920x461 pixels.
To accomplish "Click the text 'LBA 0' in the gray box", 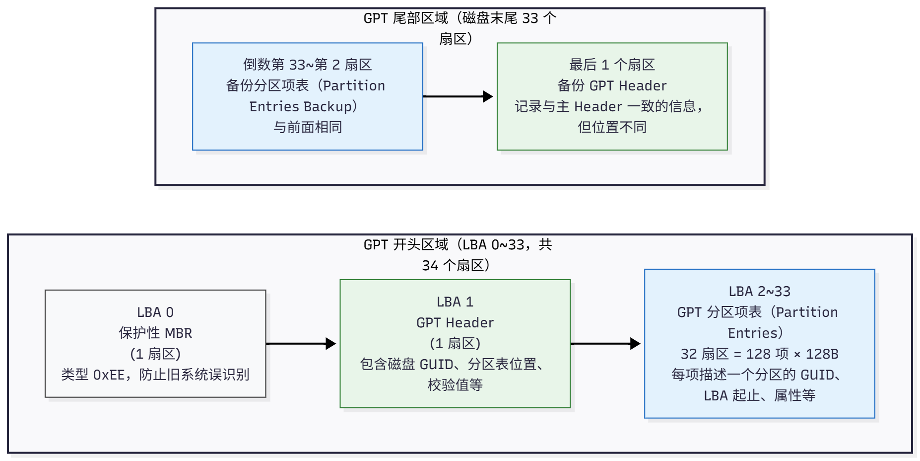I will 155,312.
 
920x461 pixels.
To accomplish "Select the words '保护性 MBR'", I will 155,333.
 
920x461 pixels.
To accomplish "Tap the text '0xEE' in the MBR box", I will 109,375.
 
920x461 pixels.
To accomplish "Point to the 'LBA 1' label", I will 455,302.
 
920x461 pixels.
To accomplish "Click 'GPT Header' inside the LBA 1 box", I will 455,323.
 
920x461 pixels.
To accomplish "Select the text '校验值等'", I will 455,385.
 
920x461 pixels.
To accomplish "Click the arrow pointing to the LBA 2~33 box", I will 605,344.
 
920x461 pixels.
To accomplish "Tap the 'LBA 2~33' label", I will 759,292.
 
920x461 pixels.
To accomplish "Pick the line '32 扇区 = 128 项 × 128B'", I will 759,354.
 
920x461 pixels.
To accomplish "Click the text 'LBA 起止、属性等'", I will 759,396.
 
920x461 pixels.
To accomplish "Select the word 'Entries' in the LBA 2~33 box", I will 752,333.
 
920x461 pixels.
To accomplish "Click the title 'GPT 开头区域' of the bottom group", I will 406,245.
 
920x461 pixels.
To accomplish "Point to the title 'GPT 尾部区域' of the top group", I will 406,18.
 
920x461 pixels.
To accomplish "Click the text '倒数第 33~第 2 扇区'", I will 307,65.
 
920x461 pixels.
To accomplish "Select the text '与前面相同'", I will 307,128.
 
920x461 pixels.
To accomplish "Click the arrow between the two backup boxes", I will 458,96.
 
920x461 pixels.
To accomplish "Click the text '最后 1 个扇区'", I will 612,65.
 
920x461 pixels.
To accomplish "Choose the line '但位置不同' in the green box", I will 612,128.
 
